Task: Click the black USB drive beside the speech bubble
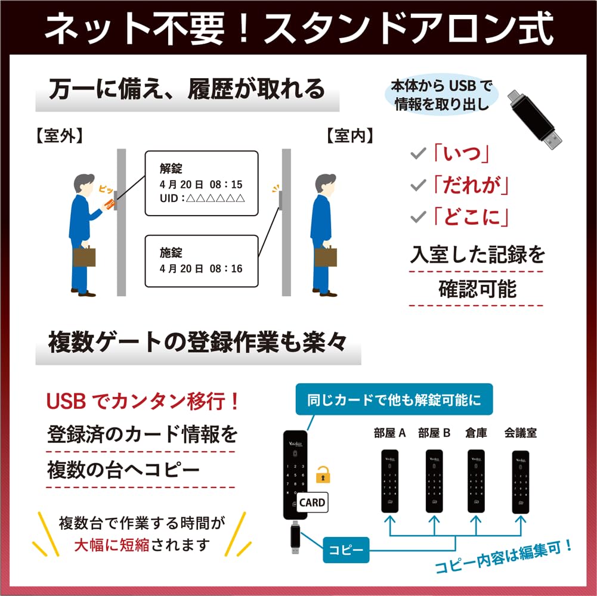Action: [x=534, y=119]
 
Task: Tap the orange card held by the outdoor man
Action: [x=109, y=204]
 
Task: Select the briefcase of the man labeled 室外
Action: [x=83, y=256]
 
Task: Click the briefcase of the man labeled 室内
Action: [x=326, y=256]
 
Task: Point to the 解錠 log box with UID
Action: [x=202, y=184]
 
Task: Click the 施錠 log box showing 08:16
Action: [x=202, y=261]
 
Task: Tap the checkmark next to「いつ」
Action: [x=418, y=153]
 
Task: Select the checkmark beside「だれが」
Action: [x=418, y=185]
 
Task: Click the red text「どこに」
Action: [x=471, y=218]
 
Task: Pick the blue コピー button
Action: [x=346, y=550]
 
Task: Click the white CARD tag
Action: [x=312, y=502]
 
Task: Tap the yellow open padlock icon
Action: [x=323, y=475]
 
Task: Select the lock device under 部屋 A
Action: [x=390, y=481]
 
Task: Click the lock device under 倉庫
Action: [x=476, y=481]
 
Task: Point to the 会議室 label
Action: [x=521, y=433]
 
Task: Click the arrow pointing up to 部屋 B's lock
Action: [x=434, y=526]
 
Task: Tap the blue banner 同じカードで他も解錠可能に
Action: [x=394, y=399]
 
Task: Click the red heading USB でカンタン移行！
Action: [x=143, y=401]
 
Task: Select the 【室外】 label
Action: [x=60, y=136]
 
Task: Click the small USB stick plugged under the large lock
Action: [x=295, y=538]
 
